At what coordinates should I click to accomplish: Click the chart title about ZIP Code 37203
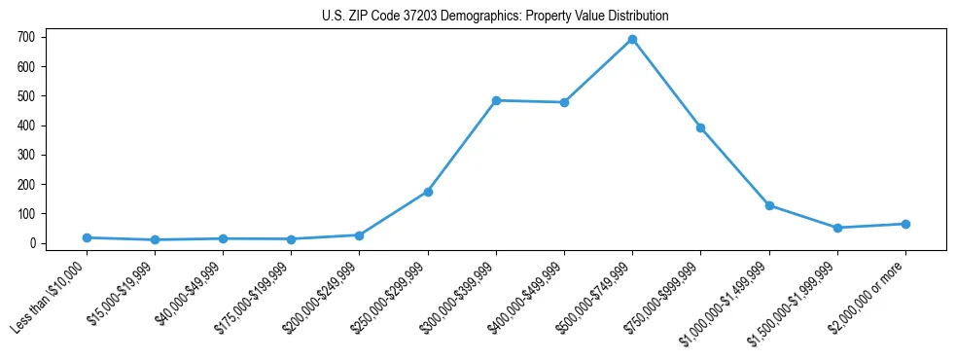click(x=495, y=17)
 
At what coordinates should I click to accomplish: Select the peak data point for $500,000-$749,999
click(x=632, y=39)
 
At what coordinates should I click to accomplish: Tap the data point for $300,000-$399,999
click(x=496, y=100)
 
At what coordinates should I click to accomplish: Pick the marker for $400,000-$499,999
click(x=564, y=102)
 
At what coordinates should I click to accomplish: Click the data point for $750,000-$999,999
click(x=700, y=127)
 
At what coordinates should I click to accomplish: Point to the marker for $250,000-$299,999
click(x=428, y=192)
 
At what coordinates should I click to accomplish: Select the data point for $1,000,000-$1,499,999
click(x=769, y=205)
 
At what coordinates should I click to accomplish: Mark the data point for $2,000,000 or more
click(x=905, y=224)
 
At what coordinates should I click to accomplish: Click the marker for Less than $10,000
click(x=87, y=237)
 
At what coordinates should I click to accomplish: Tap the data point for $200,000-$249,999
click(x=360, y=235)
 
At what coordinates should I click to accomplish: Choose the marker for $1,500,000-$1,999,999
click(x=837, y=228)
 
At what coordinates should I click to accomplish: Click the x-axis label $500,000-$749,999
click(x=596, y=296)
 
